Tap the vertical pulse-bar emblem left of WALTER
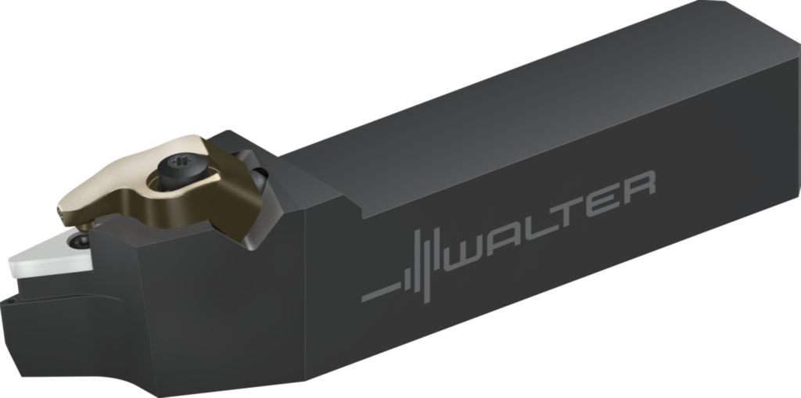pos(422,267)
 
